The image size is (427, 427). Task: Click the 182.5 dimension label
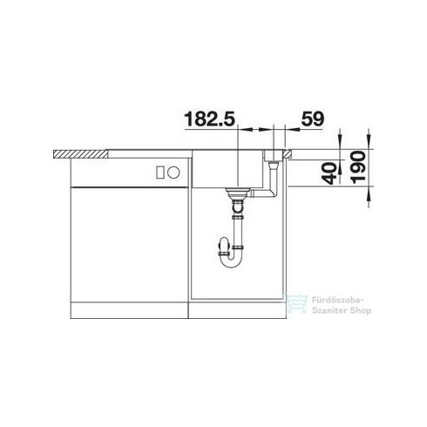pyautogui.click(x=209, y=119)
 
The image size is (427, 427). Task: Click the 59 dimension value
pyautogui.click(x=312, y=119)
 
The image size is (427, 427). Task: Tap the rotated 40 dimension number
pyautogui.click(x=330, y=173)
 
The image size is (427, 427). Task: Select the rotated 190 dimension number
pyautogui.click(x=358, y=167)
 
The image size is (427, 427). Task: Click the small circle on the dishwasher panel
pyautogui.click(x=173, y=173)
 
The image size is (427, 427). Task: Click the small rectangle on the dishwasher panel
pyautogui.click(x=160, y=173)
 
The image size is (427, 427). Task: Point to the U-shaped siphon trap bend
pyautogui.click(x=232, y=260)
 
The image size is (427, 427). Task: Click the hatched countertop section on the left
pyautogui.click(x=80, y=154)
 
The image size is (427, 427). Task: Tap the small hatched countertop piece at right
pyautogui.click(x=288, y=154)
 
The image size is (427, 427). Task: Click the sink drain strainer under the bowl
pyautogui.click(x=238, y=193)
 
